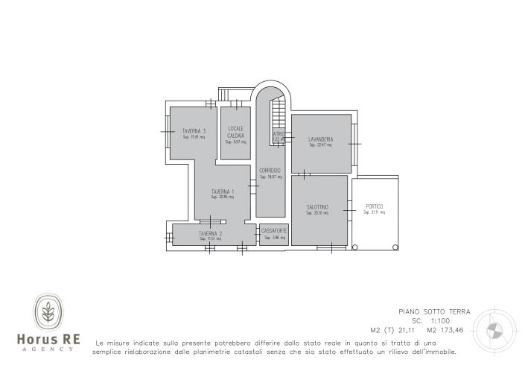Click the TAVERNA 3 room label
coord(194,131)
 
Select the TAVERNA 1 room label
coord(223,191)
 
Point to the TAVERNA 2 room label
coord(211,234)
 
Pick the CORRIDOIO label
coord(270,171)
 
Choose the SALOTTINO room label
coord(317,207)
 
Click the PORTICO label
coord(375,206)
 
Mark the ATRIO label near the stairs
coord(279,134)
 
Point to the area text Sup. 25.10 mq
coord(317,213)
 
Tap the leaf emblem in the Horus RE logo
coord(48,312)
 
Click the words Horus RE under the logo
coord(48,339)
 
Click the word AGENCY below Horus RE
coord(48,349)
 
